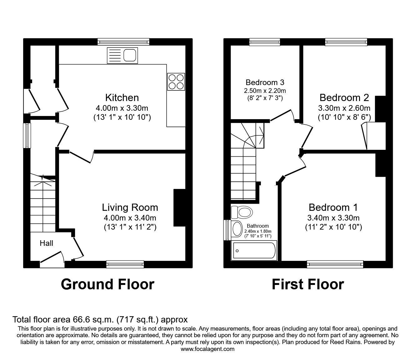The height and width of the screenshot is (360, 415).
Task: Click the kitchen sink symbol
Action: point(122,55)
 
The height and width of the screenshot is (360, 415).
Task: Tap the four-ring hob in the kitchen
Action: point(176,82)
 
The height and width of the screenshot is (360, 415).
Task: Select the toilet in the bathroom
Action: point(242,212)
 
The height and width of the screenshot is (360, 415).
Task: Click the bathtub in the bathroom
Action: point(254,251)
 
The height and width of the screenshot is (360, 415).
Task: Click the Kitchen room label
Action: point(122,98)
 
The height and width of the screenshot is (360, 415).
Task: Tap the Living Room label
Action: point(130,207)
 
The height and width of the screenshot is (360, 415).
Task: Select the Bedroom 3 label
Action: point(265,82)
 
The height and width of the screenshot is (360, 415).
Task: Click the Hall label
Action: point(46,243)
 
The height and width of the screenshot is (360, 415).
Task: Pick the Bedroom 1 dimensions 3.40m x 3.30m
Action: point(333,218)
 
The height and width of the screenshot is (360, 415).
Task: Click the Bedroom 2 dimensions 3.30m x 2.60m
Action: point(344,108)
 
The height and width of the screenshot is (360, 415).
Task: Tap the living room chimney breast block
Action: point(179,208)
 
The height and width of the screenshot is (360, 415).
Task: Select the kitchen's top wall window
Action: point(124,42)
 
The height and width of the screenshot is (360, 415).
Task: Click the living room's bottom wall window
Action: point(125,264)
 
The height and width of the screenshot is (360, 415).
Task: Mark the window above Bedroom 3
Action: point(265,42)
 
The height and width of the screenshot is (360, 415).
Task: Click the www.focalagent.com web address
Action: point(207,349)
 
